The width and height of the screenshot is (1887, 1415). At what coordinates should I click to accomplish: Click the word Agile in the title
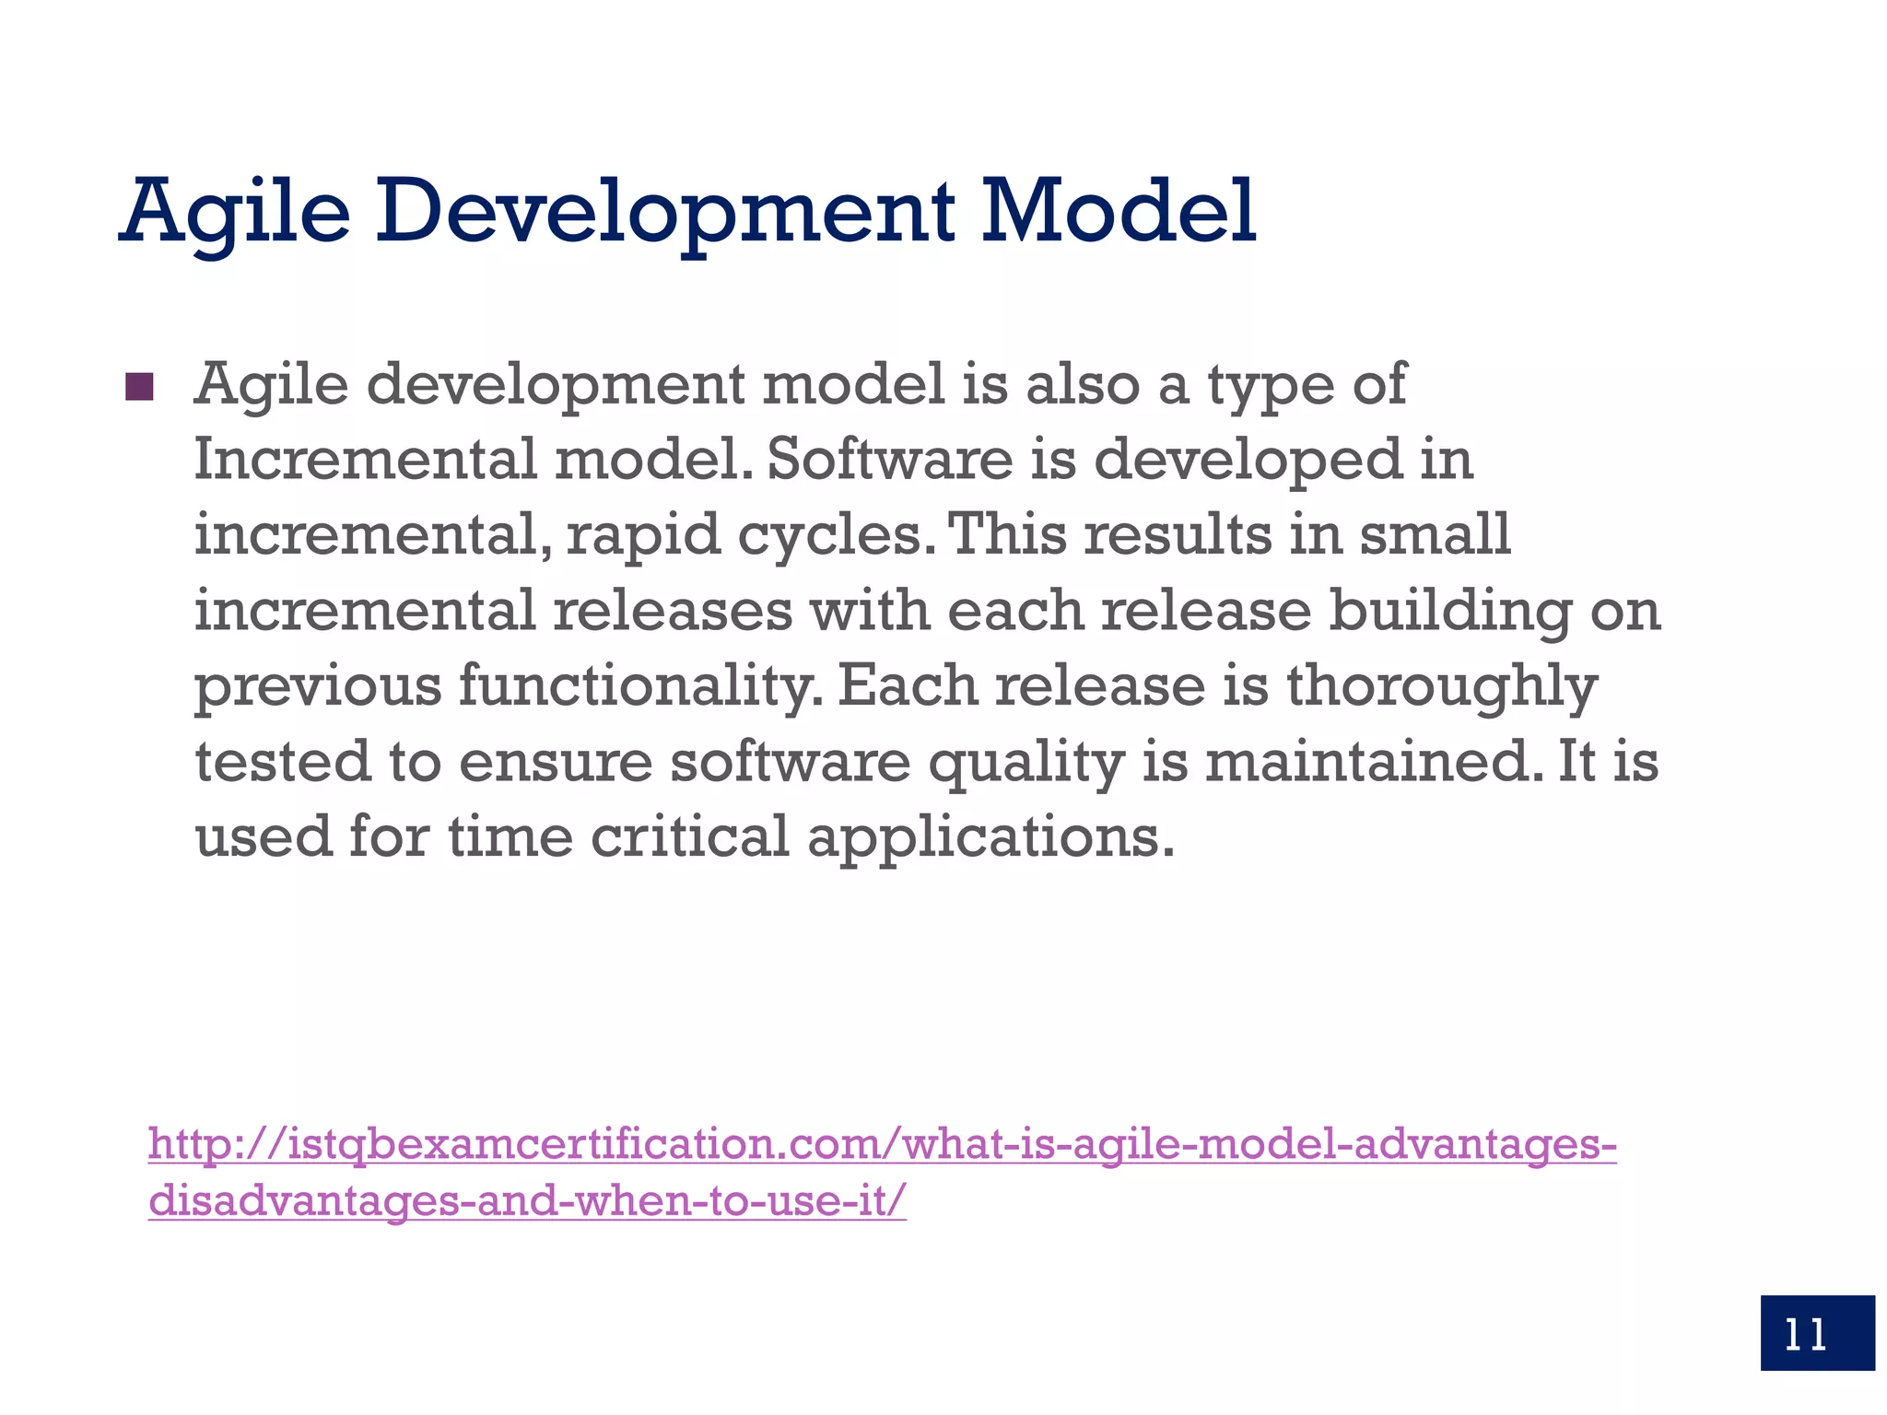pos(235,214)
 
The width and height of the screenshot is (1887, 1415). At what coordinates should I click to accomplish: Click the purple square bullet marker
pos(139,387)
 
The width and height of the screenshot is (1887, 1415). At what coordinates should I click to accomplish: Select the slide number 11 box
pos(1816,1332)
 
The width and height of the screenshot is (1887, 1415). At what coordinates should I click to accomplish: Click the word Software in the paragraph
pos(889,459)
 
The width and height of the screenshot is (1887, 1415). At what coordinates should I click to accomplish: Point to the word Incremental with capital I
pos(365,459)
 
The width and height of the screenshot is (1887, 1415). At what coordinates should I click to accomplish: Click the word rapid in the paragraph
pos(642,536)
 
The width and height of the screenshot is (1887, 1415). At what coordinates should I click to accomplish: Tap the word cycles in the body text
pos(829,536)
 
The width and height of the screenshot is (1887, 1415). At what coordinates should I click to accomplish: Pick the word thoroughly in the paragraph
pos(1441,687)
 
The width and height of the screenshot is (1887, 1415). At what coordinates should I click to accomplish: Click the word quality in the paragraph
pos(1026,764)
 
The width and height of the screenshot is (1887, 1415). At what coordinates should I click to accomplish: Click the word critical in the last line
pos(690,837)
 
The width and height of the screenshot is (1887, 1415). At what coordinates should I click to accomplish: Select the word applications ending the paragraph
pos(990,839)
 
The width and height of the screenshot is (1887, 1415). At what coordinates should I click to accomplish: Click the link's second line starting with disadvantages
pos(527,1200)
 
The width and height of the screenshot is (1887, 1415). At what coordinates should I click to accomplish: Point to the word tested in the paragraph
pos(283,762)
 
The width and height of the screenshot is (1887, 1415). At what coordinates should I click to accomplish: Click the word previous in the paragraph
pos(318,687)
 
